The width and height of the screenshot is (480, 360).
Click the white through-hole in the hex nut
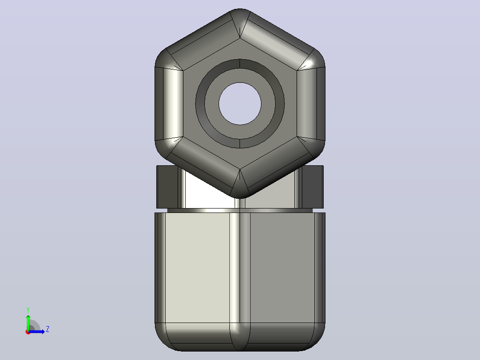(x=240, y=103)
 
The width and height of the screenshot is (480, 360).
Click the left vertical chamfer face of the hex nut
(x=169, y=103)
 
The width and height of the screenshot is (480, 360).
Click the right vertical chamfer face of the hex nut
(x=311, y=103)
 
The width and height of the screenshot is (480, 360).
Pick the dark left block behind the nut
(x=167, y=187)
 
